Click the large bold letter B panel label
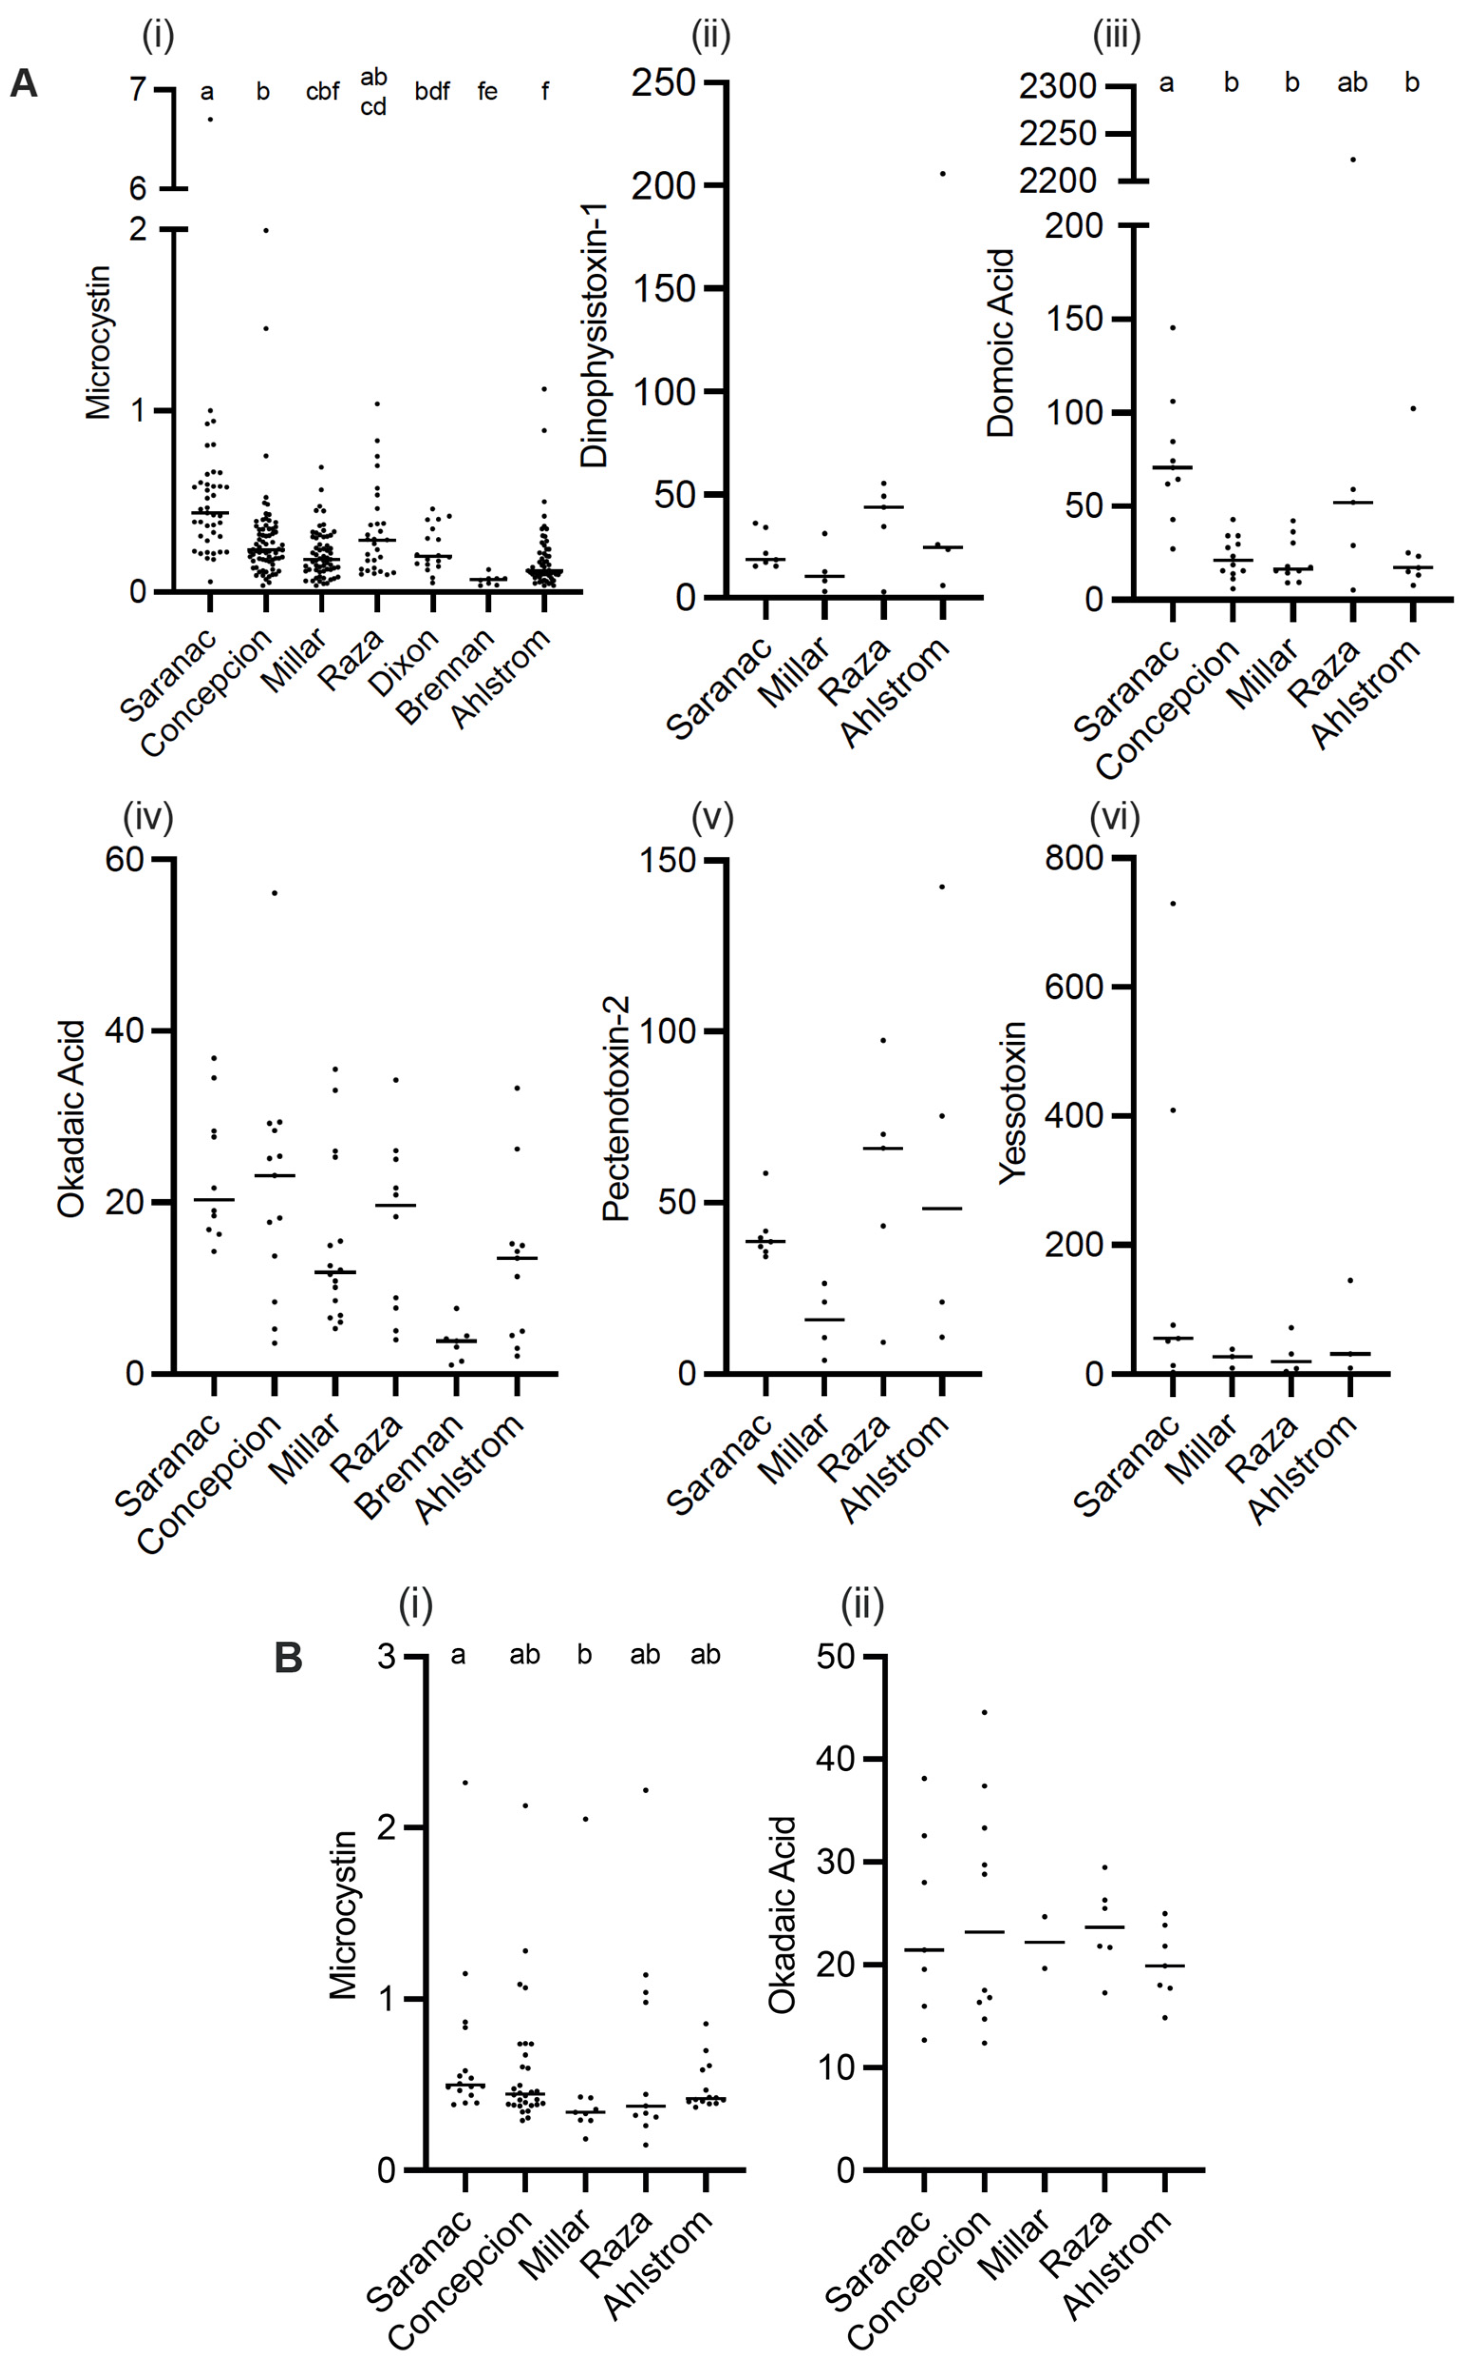point(288,1657)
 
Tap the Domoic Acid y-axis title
point(1001,343)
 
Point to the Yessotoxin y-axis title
point(1013,1102)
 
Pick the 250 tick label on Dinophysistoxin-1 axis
point(663,83)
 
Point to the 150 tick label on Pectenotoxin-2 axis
point(667,860)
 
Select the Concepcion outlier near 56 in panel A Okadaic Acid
point(274,893)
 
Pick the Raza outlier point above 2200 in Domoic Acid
point(1352,159)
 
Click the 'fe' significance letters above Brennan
point(487,92)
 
